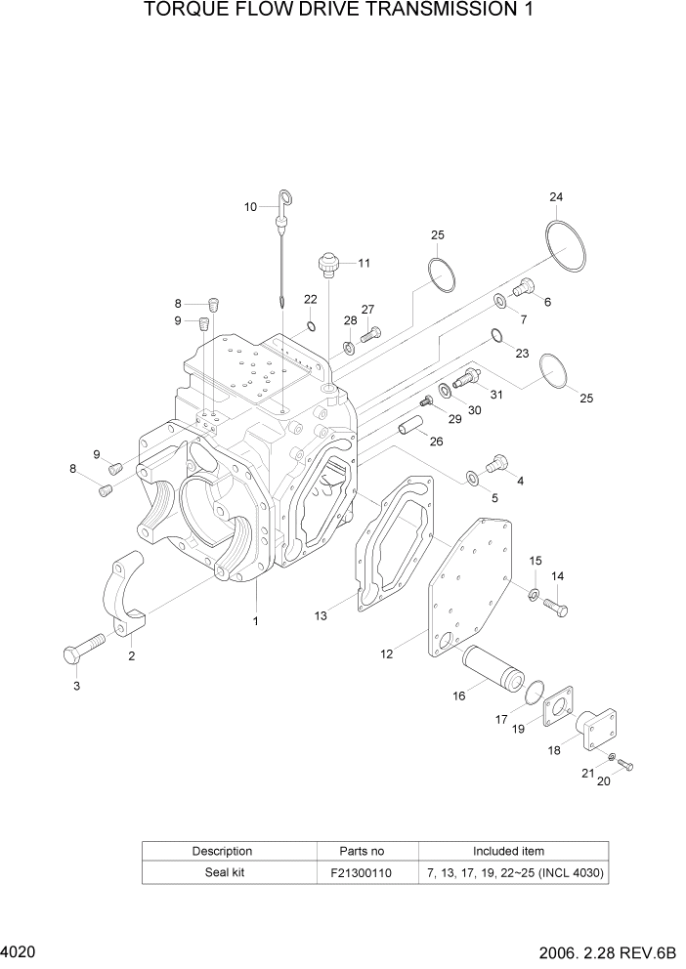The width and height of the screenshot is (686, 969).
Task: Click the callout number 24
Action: tap(556, 197)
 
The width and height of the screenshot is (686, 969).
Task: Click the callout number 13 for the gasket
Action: tap(321, 615)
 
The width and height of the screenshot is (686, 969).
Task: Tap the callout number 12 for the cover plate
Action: tap(387, 653)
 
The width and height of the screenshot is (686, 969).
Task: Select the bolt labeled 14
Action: tap(555, 607)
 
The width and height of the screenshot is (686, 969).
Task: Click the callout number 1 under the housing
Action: tap(256, 620)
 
